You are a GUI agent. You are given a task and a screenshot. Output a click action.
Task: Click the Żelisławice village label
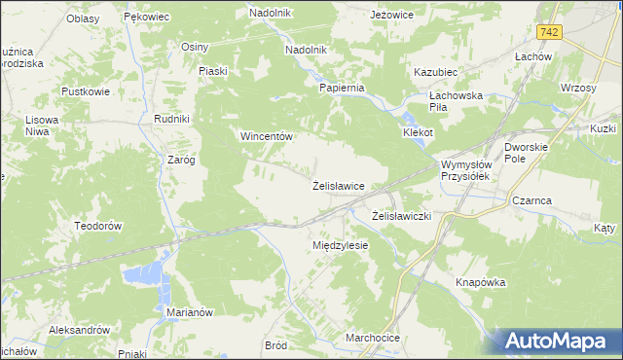338,185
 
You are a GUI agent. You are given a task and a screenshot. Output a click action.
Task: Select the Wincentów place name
267,137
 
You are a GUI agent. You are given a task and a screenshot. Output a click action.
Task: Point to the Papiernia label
342,87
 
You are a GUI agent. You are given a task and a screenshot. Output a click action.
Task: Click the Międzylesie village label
340,245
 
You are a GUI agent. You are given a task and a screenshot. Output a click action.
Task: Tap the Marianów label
190,312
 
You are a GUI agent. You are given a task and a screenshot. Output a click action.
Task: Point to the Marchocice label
373,338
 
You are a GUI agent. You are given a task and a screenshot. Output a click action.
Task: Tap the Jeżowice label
393,16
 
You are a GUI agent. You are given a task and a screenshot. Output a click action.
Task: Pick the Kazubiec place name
435,73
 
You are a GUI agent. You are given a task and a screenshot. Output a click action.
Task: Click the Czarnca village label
531,201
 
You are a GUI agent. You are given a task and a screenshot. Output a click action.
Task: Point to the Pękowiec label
147,18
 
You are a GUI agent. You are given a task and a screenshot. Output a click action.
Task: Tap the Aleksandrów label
80,330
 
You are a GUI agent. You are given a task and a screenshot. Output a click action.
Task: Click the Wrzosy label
578,88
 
